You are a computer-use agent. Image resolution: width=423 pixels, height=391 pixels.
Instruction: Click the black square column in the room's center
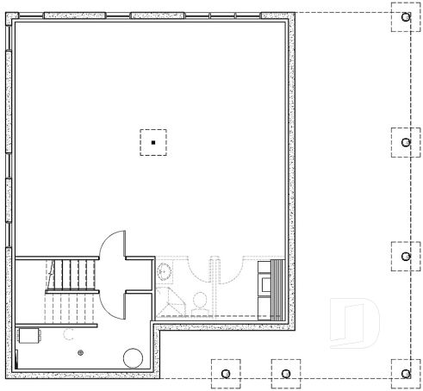(x=152, y=141)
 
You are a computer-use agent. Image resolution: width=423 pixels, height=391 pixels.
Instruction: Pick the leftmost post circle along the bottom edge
(x=226, y=373)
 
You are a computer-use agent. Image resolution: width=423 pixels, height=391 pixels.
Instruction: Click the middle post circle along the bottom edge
(x=284, y=373)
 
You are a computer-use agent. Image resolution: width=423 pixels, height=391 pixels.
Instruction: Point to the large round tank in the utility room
(x=133, y=357)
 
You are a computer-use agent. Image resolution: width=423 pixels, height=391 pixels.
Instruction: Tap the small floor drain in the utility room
(x=81, y=352)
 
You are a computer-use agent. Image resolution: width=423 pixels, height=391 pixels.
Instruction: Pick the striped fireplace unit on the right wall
(x=277, y=288)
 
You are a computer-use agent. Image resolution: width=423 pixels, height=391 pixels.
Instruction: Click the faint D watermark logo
(x=356, y=323)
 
